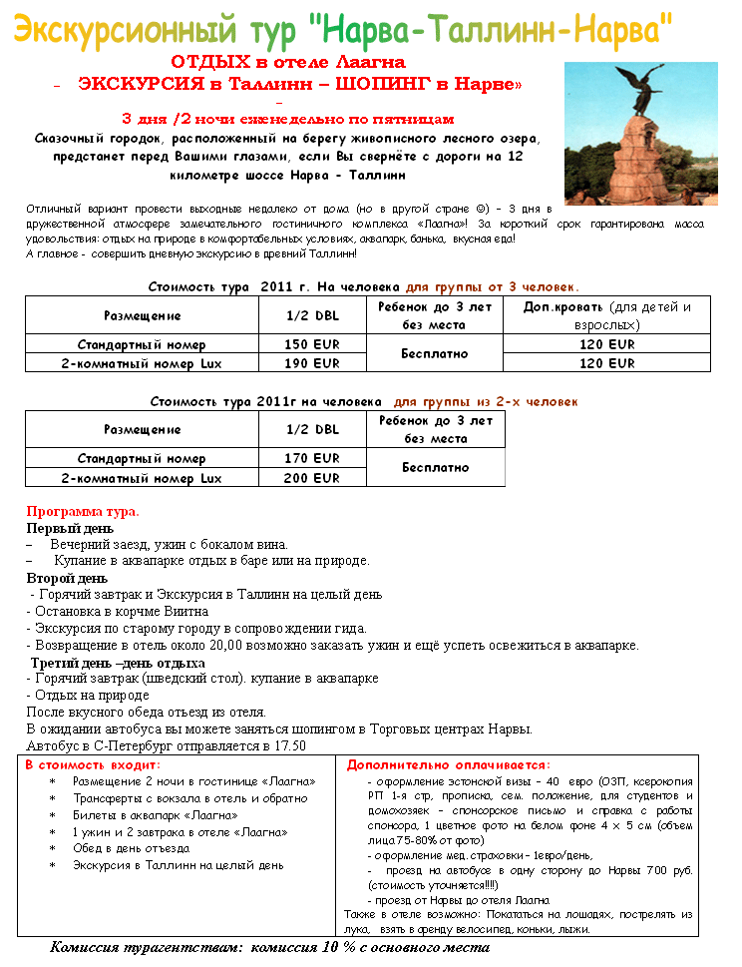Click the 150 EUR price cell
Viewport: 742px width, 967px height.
tap(312, 344)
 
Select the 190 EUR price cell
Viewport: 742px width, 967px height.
tap(312, 363)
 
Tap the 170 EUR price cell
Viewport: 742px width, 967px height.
tap(312, 458)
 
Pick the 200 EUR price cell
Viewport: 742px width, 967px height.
tap(312, 478)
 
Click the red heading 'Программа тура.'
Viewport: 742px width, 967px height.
tap(83, 511)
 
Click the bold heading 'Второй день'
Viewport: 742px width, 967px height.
tap(67, 578)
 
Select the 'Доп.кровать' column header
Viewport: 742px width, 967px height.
tap(563, 306)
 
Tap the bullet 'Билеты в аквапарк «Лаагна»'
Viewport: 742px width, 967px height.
tap(155, 815)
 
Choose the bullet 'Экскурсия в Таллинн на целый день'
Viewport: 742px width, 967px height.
tap(178, 865)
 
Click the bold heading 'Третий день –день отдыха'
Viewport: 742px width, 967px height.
tap(118, 662)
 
